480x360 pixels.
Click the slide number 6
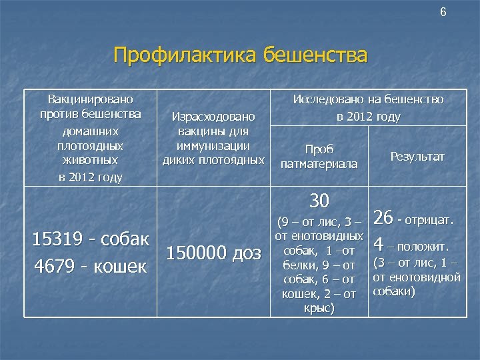(443, 13)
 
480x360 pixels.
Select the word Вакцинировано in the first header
(89, 99)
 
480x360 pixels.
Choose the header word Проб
(319, 149)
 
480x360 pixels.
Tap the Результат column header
(417, 156)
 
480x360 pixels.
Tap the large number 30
(320, 200)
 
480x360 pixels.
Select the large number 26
(383, 218)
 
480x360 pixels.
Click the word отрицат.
(430, 219)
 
